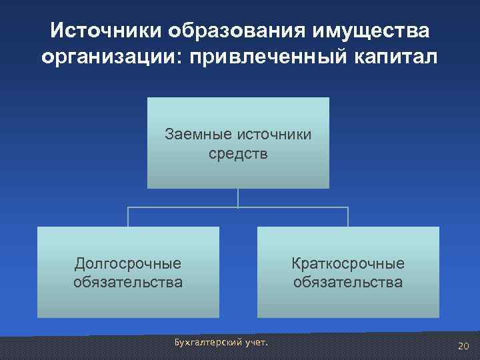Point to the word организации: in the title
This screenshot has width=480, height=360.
click(111, 57)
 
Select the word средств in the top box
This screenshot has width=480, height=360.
click(238, 155)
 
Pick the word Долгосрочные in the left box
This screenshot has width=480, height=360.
click(128, 263)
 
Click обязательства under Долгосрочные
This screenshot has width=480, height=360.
click(128, 282)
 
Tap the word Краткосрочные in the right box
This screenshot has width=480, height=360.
click(348, 263)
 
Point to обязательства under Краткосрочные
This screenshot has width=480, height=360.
click(348, 282)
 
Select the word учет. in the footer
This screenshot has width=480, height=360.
click(253, 342)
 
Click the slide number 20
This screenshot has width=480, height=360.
click(463, 345)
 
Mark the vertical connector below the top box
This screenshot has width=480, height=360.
click(238, 197)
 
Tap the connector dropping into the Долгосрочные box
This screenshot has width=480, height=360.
click(129, 217)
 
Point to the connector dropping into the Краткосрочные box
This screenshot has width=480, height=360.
click(347, 217)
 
